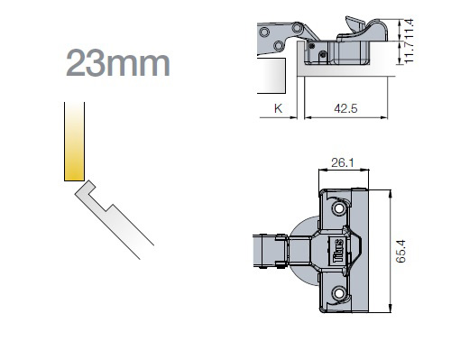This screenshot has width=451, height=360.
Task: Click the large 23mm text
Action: (x=118, y=63)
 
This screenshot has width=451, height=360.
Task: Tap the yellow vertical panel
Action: (x=74, y=142)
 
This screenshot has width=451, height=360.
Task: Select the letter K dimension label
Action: (x=278, y=108)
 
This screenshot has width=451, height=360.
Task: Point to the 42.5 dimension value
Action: (x=345, y=108)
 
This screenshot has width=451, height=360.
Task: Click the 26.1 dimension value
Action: (x=343, y=162)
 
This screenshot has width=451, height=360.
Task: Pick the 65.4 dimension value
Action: (x=400, y=251)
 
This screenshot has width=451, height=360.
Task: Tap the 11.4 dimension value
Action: (x=409, y=28)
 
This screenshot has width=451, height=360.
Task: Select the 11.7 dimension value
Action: (x=409, y=52)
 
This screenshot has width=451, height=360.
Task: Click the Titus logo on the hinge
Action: (x=338, y=251)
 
